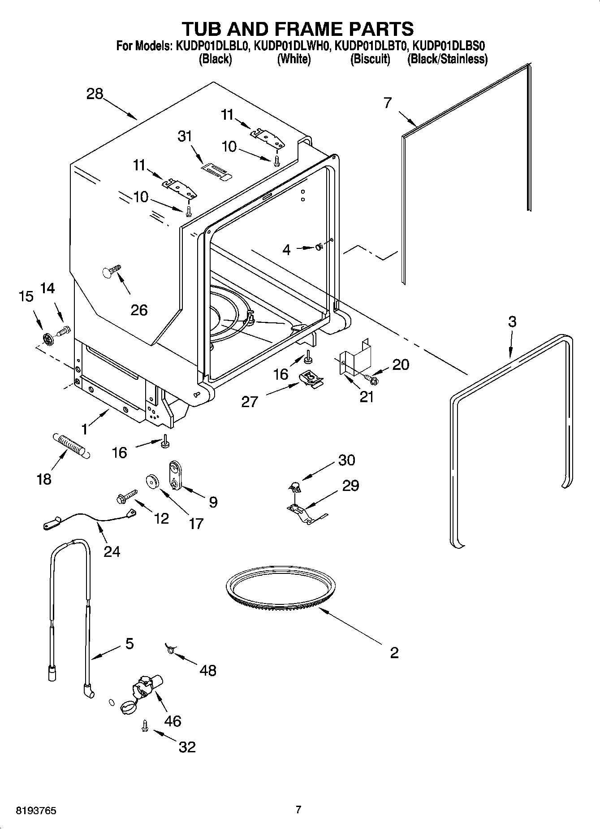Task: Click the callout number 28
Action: click(x=95, y=94)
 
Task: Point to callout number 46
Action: click(x=173, y=721)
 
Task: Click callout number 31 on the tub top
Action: click(x=185, y=136)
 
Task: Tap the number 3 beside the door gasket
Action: click(x=512, y=321)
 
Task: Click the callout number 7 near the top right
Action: click(x=388, y=103)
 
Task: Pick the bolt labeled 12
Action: click(x=127, y=496)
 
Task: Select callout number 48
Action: click(x=208, y=670)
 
